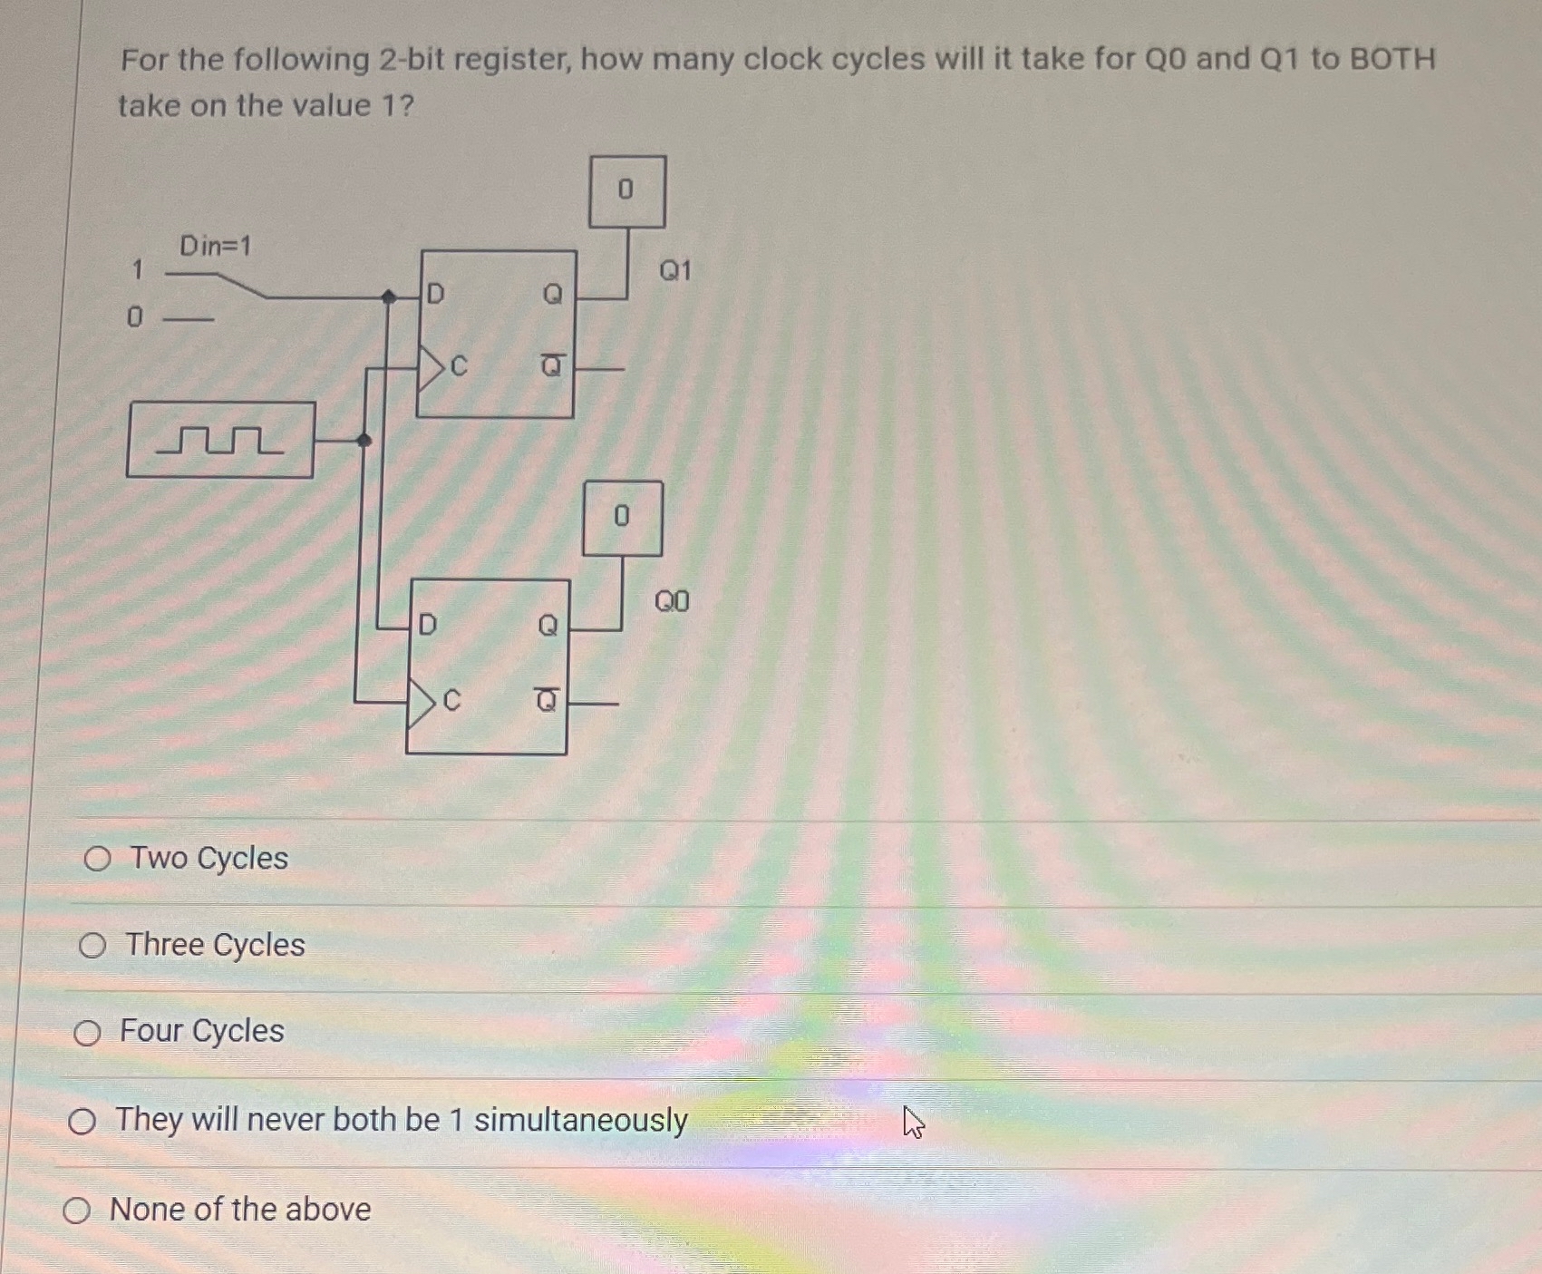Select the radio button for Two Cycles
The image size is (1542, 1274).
coord(97,859)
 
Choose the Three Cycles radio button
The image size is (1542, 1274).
coord(92,946)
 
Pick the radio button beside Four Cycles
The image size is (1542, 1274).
coord(87,1033)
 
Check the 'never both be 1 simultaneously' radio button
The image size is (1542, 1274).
coord(82,1122)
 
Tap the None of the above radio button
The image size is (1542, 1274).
coord(76,1210)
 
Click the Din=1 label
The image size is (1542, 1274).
coord(215,246)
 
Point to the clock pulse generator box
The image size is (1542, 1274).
coord(220,440)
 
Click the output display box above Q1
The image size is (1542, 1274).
coord(626,190)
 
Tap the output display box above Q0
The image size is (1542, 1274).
coord(622,518)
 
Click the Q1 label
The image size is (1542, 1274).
coord(674,270)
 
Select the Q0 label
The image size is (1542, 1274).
coord(672,601)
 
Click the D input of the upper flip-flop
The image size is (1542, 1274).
coord(435,294)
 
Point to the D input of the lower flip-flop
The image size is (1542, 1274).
coord(427,624)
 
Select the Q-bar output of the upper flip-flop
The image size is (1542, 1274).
coord(551,366)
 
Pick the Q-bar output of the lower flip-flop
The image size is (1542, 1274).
coord(547,700)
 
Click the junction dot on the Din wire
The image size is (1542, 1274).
coord(388,297)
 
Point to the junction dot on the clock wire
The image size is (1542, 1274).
coord(364,441)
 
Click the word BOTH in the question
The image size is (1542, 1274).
coord(1392,59)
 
